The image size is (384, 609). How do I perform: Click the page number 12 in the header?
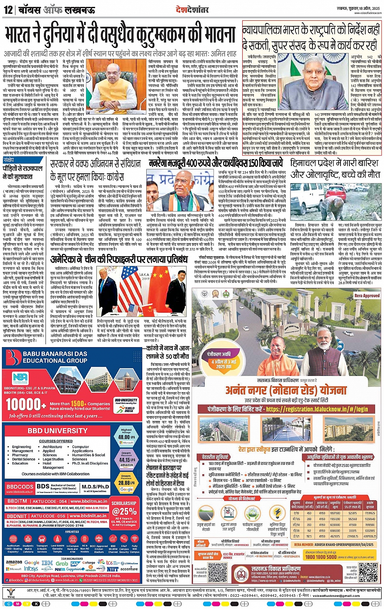[x=8, y=9]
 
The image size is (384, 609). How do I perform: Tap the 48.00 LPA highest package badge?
[x=126, y=433]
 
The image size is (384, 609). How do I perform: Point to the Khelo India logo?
[x=130, y=408]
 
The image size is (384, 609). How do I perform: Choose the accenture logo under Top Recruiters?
[x=129, y=569]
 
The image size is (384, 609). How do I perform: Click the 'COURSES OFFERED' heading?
[x=56, y=441]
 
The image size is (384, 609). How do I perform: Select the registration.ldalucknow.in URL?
[x=317, y=410]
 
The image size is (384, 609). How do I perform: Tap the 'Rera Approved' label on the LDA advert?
[x=367, y=296]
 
